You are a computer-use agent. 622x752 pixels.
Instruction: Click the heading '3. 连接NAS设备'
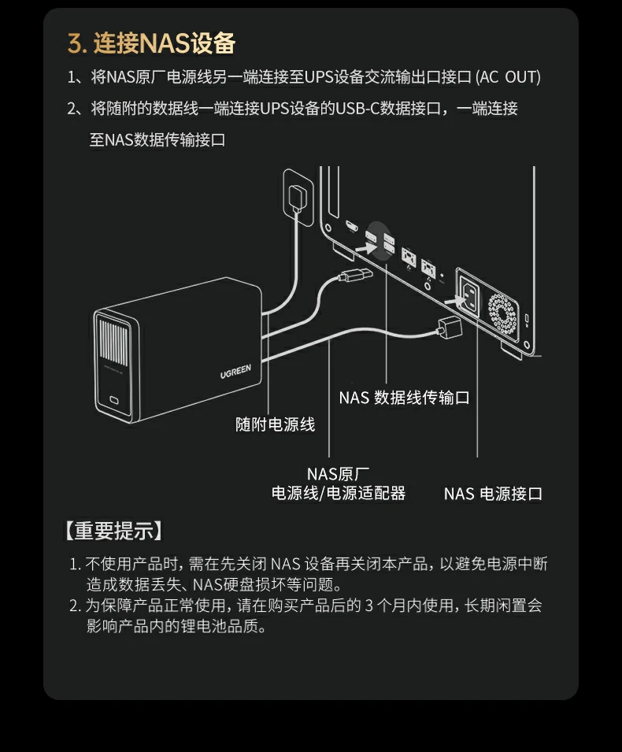coord(151,43)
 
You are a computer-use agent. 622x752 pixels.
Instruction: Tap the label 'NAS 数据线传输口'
coord(404,398)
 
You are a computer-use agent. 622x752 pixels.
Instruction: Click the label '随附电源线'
coord(276,424)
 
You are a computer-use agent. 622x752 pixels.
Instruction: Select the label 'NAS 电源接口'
coord(493,494)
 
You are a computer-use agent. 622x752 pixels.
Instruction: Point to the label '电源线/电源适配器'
coord(338,494)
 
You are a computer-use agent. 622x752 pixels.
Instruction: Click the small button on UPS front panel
coord(117,398)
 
